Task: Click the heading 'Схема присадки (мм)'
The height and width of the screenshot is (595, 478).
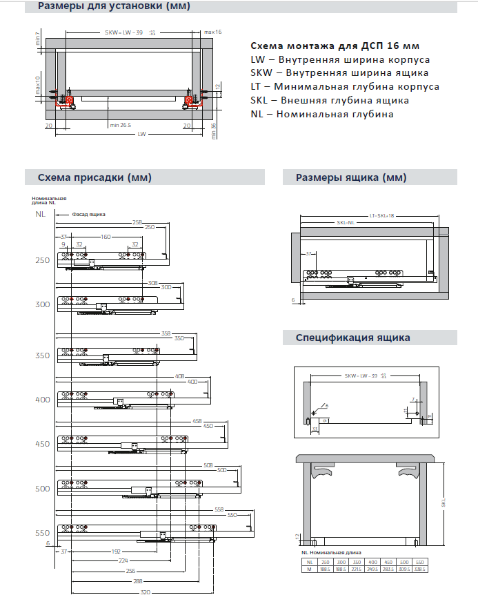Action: pyautogui.click(x=94, y=177)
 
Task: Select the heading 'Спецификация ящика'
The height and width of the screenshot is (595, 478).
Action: pyautogui.click(x=352, y=338)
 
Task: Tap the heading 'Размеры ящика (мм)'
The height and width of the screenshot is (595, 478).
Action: pyautogui.click(x=350, y=177)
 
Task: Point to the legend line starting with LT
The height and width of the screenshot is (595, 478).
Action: pyautogui.click(x=345, y=87)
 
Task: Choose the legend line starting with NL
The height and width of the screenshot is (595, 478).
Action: pyautogui.click(x=322, y=114)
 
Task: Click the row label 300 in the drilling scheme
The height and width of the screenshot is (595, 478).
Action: pyautogui.click(x=43, y=304)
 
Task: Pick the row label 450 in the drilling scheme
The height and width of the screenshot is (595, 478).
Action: pyautogui.click(x=43, y=444)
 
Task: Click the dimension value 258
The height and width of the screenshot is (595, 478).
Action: pyautogui.click(x=137, y=222)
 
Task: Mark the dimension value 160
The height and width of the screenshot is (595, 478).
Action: pyautogui.click(x=105, y=236)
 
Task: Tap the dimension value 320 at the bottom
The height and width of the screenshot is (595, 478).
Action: pyautogui.click(x=145, y=591)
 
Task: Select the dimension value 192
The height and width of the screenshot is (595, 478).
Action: pyautogui.click(x=117, y=552)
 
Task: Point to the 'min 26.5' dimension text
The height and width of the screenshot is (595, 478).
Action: pyautogui.click(x=120, y=125)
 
